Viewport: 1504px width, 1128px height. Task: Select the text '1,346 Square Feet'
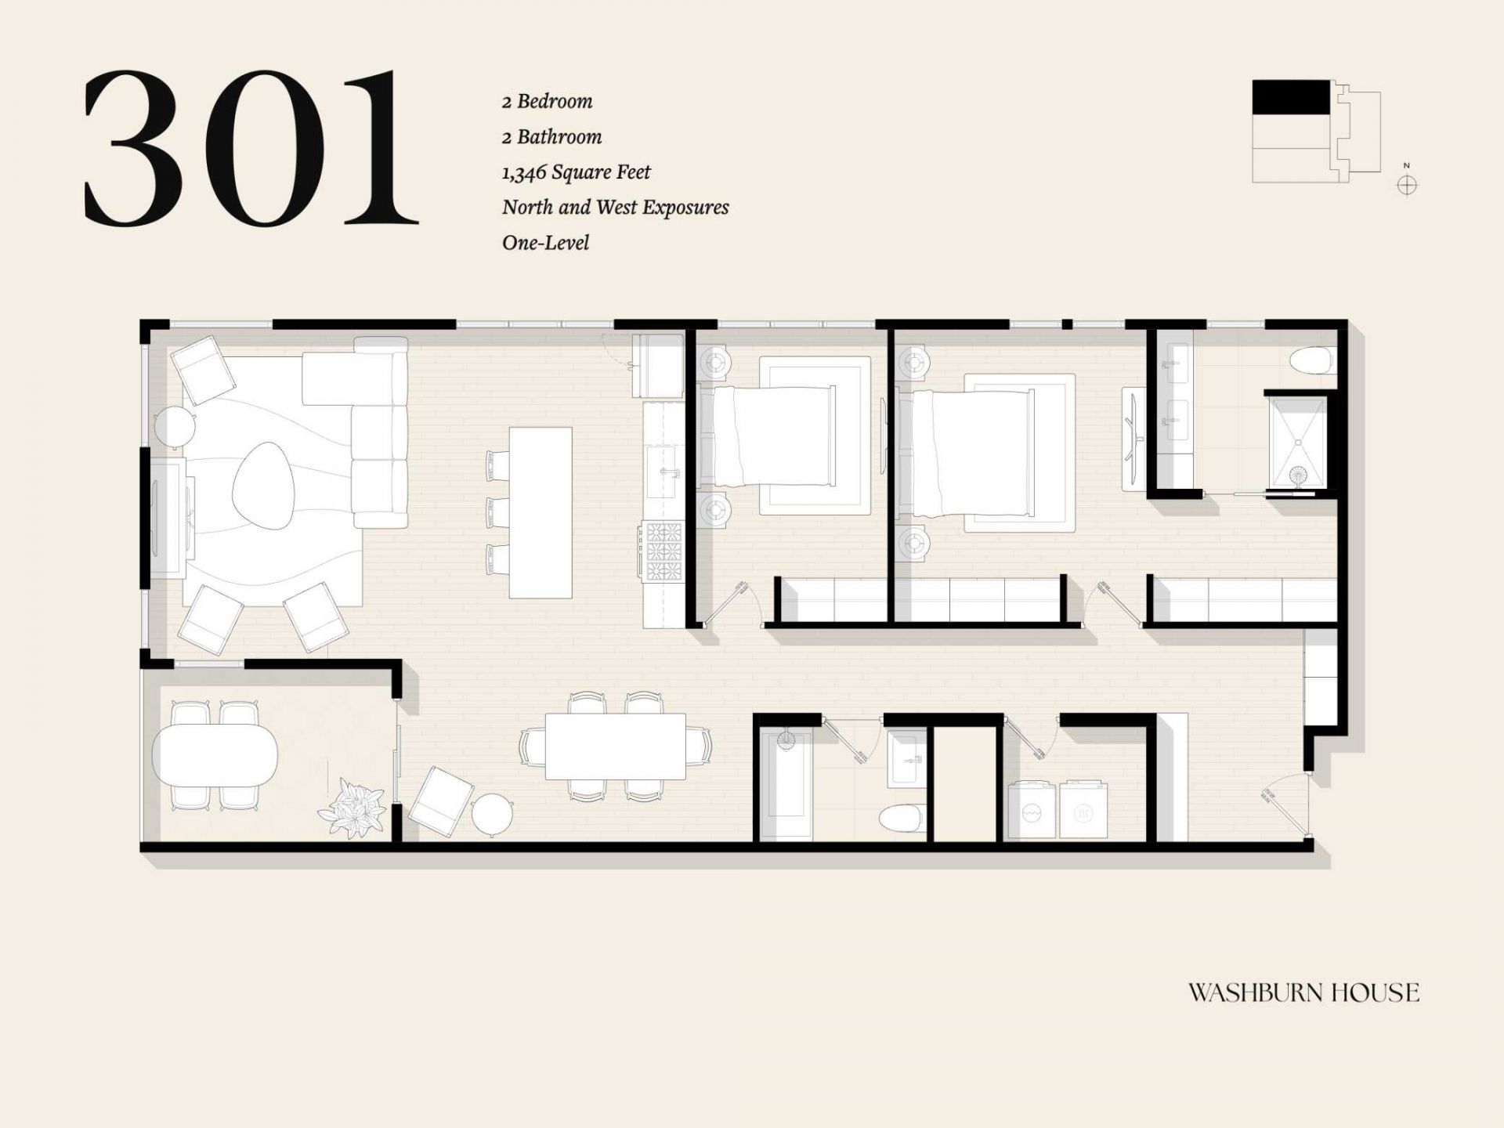pos(576,172)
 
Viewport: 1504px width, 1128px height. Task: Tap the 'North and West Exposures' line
pos(615,208)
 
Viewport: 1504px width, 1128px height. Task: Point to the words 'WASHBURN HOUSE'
pos(1303,993)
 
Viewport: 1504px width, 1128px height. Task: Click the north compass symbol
pos(1407,185)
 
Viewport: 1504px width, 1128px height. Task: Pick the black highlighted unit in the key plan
pos(1291,97)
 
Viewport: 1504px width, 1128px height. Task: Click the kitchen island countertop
pos(540,512)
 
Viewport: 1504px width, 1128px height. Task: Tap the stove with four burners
pos(663,552)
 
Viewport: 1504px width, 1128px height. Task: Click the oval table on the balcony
pos(215,755)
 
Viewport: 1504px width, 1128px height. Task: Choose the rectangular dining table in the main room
pos(616,746)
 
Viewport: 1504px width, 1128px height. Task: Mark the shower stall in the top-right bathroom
pos(1296,443)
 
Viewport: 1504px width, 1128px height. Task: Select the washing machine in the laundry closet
pos(1032,810)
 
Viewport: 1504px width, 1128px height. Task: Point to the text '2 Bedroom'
pos(548,101)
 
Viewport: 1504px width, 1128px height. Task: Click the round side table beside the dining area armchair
pos(492,815)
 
